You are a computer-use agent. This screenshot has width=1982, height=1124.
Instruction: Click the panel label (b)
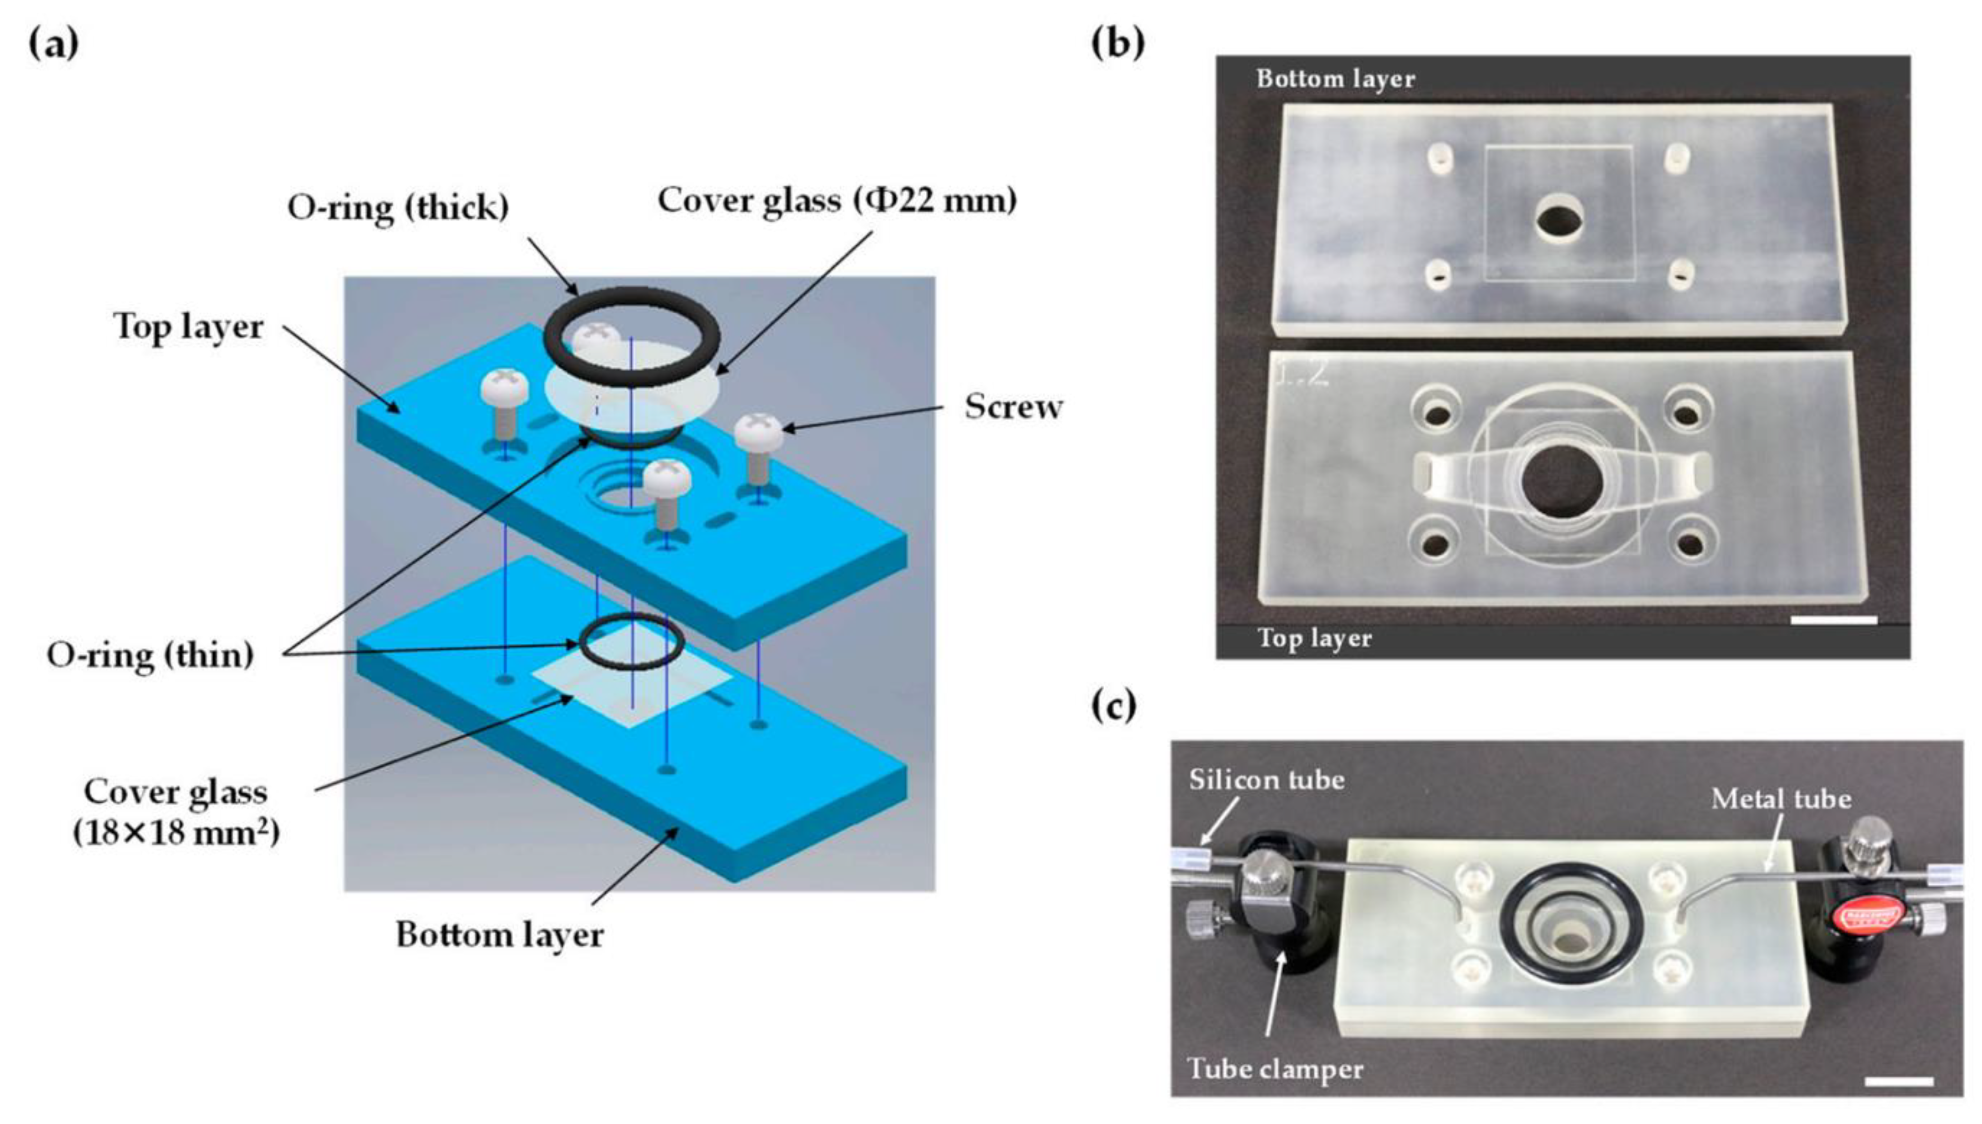click(x=1117, y=43)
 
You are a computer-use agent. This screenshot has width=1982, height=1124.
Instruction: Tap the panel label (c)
click(x=1114, y=705)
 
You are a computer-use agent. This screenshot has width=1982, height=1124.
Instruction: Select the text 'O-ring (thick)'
click(x=398, y=207)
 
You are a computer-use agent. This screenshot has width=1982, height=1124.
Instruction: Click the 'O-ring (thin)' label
click(x=150, y=656)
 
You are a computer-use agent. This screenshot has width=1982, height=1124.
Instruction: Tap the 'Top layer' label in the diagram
click(x=188, y=327)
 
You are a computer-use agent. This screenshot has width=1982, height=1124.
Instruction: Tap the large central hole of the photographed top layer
click(x=1561, y=482)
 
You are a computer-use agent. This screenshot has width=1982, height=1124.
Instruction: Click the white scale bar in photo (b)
click(x=1833, y=620)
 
